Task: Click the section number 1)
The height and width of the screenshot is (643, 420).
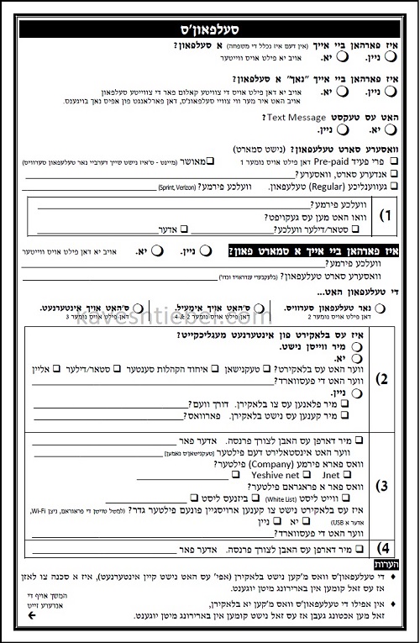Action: [x=386, y=215]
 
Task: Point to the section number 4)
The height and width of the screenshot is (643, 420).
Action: [x=384, y=551]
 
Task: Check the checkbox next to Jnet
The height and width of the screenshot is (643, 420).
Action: [x=204, y=475]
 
